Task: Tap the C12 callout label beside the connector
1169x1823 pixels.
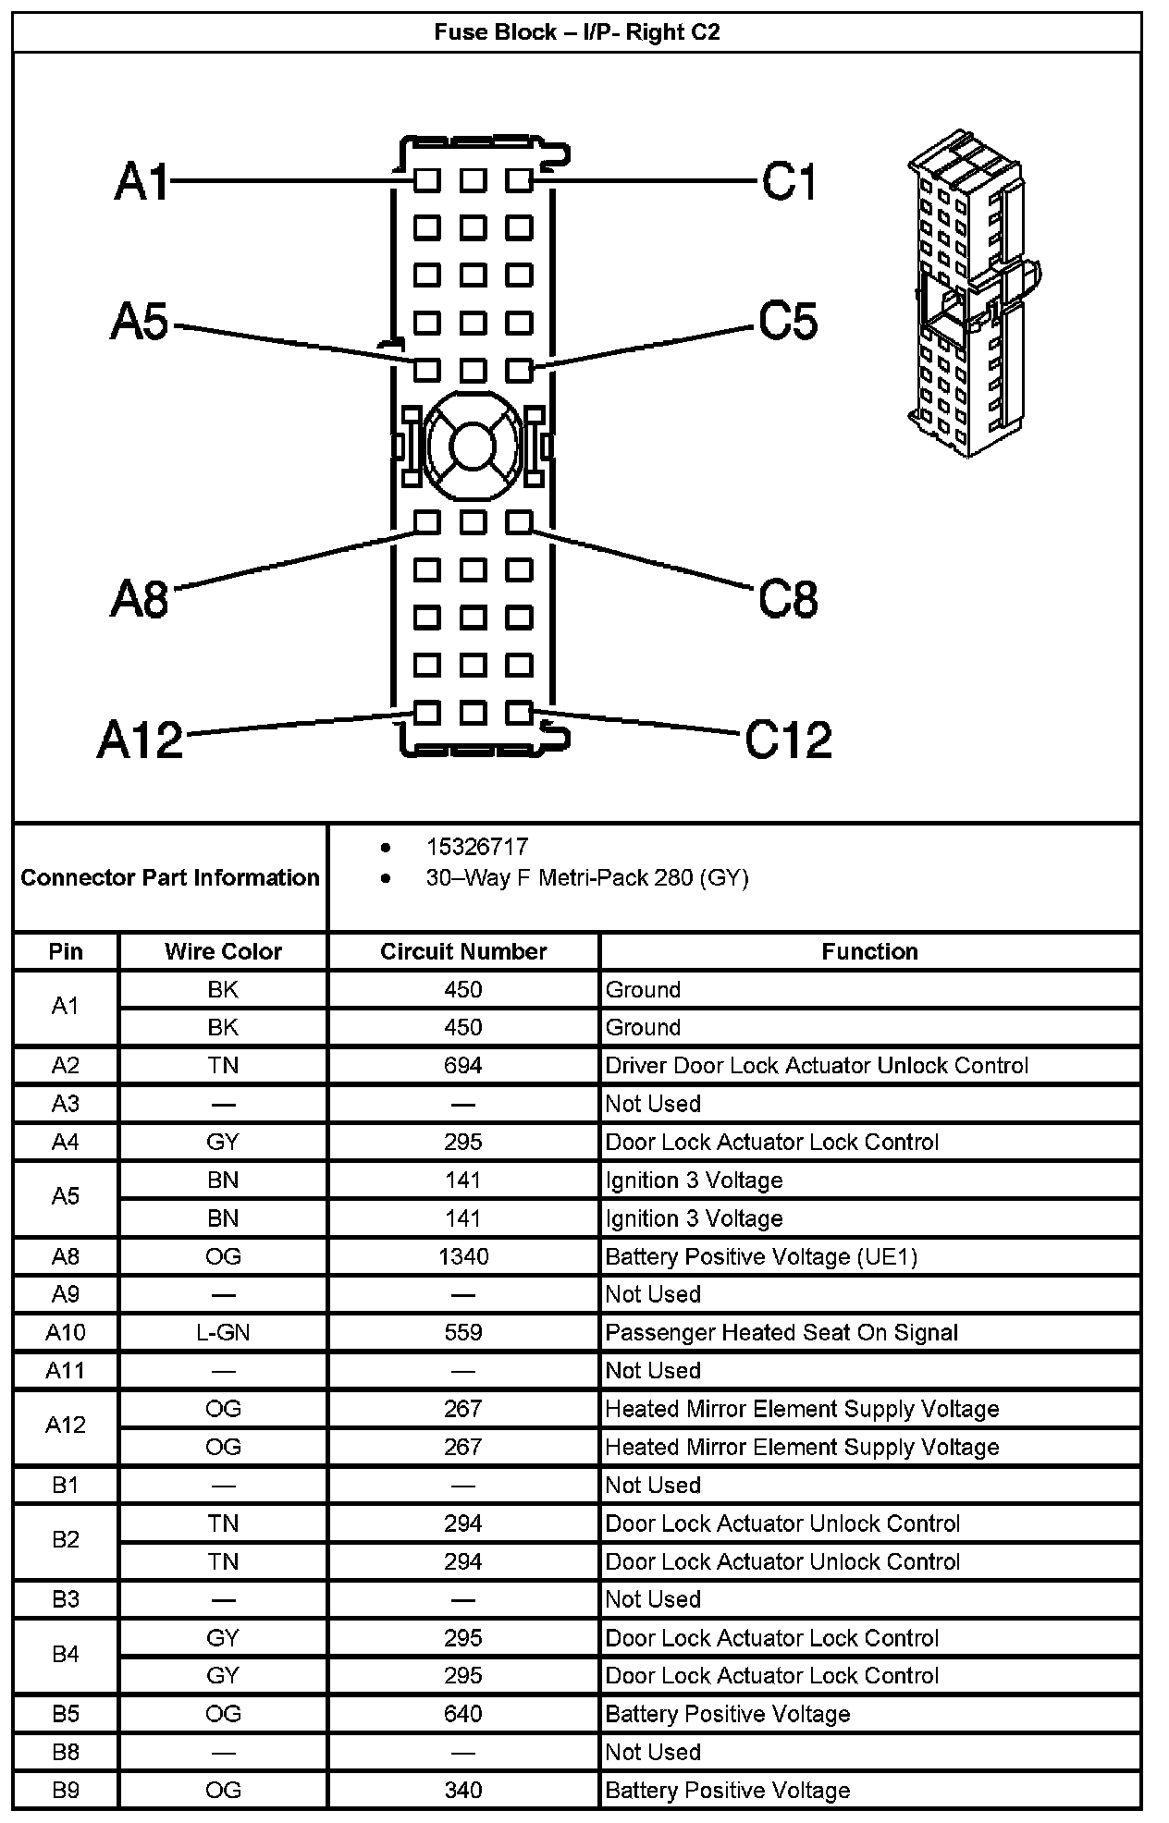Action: click(x=788, y=740)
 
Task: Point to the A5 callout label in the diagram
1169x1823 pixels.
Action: click(x=140, y=323)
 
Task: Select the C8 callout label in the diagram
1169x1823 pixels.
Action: click(x=788, y=599)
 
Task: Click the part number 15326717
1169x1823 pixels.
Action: click(x=477, y=847)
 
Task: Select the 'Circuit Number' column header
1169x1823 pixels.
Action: click(x=463, y=951)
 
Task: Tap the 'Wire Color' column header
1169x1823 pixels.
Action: click(x=223, y=951)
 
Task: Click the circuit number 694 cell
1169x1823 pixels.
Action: click(x=463, y=1066)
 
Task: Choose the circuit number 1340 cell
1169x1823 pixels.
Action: click(x=463, y=1256)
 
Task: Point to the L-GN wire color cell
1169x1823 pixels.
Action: click(x=223, y=1332)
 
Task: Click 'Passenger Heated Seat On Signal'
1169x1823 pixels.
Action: click(x=781, y=1332)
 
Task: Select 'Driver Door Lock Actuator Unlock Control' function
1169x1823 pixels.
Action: click(x=817, y=1066)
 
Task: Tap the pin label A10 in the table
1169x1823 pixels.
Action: click(x=66, y=1332)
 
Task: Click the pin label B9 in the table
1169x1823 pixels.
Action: click(x=66, y=1790)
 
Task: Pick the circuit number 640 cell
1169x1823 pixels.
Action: click(x=463, y=1714)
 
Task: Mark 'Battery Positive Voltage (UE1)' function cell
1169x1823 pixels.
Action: click(x=761, y=1256)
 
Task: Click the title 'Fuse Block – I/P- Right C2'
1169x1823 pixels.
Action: click(x=577, y=33)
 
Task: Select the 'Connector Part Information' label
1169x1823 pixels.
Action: click(x=170, y=877)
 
